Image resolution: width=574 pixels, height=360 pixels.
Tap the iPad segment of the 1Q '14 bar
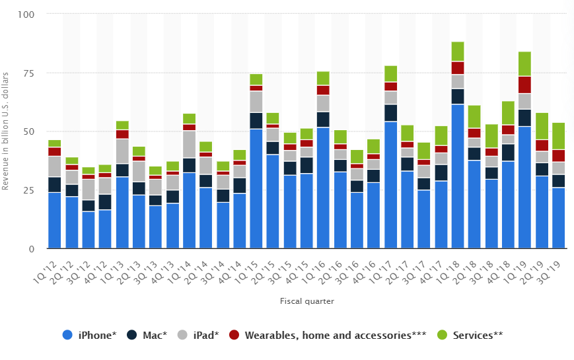tap(189, 144)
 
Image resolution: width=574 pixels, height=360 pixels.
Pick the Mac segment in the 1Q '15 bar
tap(256, 120)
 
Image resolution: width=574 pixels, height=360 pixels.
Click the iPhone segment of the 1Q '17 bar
tap(391, 185)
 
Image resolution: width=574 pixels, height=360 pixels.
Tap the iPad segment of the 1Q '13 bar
tap(122, 151)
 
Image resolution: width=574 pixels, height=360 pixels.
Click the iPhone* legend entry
tap(90, 335)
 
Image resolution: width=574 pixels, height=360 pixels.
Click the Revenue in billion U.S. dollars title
tap(6, 131)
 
